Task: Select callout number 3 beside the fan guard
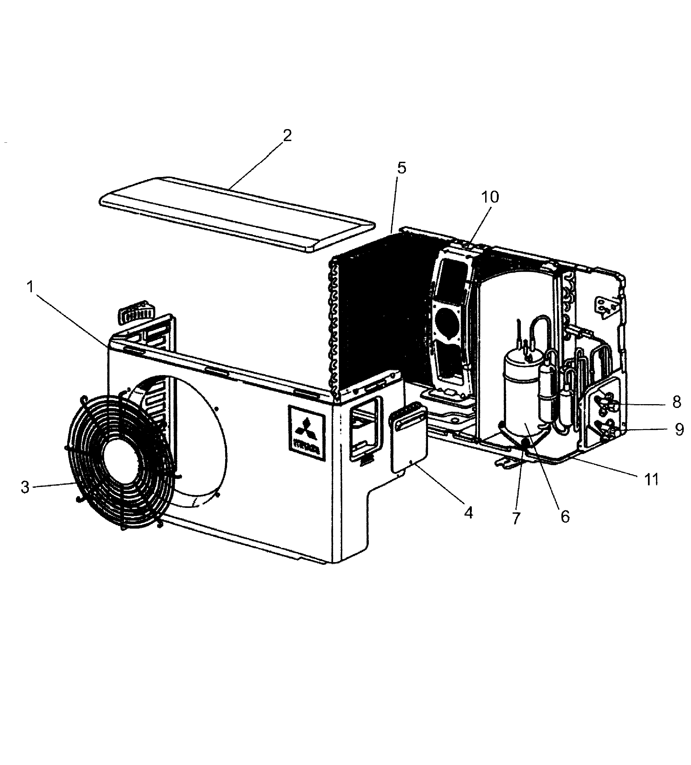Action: [25, 487]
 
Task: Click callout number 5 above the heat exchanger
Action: [402, 168]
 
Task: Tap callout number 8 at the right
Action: [677, 402]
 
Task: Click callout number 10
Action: [490, 197]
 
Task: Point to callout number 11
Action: [652, 479]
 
